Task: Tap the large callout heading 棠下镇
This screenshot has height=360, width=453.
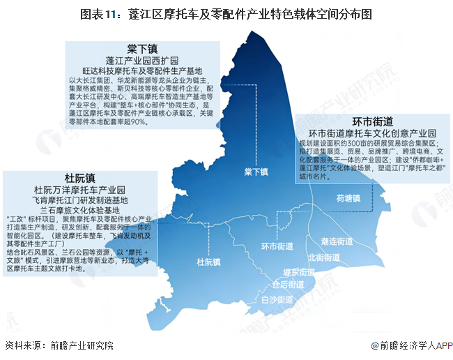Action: click(142, 47)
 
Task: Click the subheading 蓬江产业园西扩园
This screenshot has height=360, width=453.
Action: click(142, 60)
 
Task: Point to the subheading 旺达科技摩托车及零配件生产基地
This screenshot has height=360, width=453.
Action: click(142, 71)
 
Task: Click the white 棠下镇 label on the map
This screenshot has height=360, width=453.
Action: click(256, 172)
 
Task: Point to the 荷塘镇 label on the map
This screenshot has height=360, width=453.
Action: click(347, 198)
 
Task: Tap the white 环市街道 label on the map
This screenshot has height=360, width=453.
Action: click(277, 246)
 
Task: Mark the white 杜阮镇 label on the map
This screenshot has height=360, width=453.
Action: click(208, 262)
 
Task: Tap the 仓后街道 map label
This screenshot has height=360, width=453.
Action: click(288, 285)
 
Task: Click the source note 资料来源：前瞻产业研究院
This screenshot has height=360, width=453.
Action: click(59, 345)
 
